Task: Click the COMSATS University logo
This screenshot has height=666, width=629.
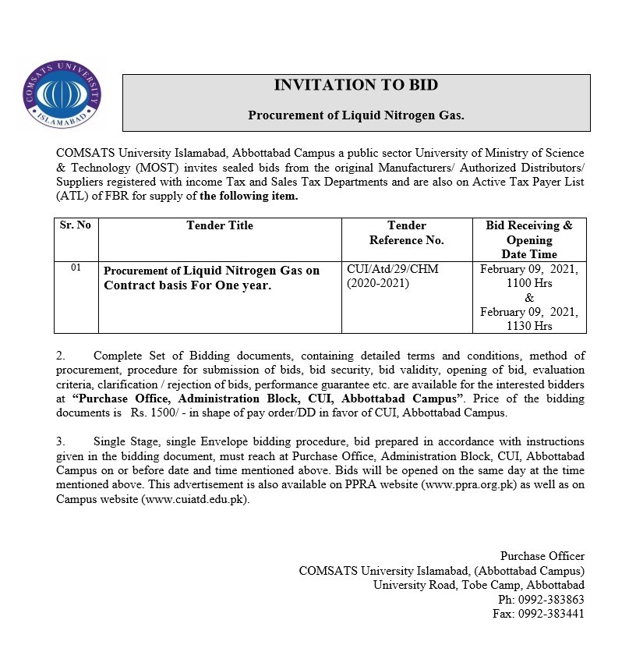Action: pos(62,92)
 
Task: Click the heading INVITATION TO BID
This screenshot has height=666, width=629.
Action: pos(355,85)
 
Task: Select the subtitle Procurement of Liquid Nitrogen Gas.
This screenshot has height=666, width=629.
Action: pos(355,115)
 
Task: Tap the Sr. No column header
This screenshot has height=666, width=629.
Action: pos(76,225)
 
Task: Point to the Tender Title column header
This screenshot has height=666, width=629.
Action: pos(220,225)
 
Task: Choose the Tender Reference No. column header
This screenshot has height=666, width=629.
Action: pos(406,232)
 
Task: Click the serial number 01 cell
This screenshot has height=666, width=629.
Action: pos(76,267)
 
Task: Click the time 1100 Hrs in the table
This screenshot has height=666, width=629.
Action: pos(528,283)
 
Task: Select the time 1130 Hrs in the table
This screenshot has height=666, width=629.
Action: pos(528,326)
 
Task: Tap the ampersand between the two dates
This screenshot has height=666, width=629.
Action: pos(529,298)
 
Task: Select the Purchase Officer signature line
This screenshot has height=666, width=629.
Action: pos(542,556)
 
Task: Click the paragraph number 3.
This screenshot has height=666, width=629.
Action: pos(59,441)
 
